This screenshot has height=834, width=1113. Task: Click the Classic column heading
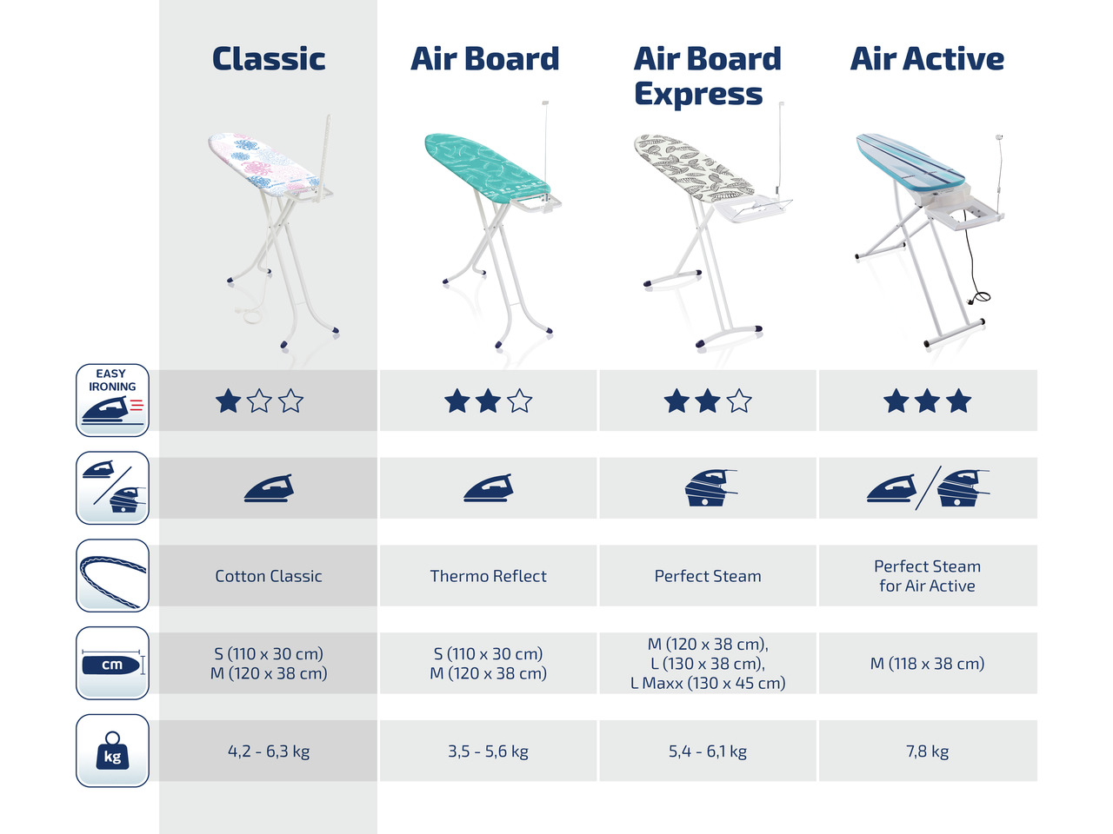269,59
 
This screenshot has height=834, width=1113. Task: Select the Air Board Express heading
707,76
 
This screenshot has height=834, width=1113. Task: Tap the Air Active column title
927,59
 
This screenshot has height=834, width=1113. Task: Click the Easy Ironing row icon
112,400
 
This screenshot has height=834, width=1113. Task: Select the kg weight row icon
112,751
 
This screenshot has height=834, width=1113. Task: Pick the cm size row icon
112,663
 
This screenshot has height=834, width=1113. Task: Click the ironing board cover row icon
112,575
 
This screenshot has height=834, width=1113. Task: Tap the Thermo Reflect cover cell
489,576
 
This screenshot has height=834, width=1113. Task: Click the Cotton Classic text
269,576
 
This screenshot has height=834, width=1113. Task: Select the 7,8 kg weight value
928,751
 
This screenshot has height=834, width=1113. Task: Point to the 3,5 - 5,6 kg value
489,751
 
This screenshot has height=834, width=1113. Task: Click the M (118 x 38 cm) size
928,664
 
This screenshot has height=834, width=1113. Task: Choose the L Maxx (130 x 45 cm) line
708,683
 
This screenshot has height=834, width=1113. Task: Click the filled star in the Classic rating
228,401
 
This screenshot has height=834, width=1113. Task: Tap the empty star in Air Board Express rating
739,401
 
